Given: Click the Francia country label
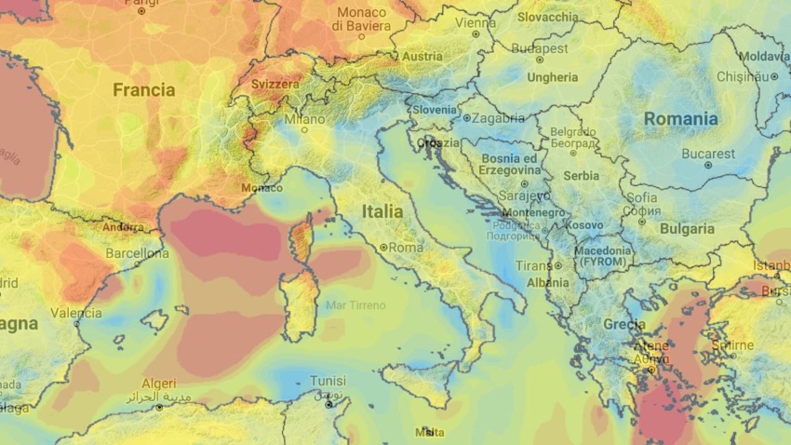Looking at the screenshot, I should tap(143, 90).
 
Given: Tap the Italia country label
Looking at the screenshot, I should tap(382, 211).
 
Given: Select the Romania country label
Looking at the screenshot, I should tap(680, 119).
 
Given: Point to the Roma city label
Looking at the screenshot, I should tap(405, 248).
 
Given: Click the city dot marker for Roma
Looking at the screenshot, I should tap(382, 248).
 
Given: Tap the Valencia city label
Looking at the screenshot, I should tap(76, 313).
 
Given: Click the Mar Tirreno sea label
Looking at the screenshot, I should tap(355, 304).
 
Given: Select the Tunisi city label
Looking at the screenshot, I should tap(328, 381).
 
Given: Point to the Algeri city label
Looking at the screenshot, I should tap(159, 383).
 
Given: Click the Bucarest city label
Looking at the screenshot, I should tap(708, 154).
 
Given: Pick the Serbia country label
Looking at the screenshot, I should tap(582, 175).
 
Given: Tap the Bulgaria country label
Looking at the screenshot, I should tap(687, 228).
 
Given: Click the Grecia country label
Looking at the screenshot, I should tap(623, 325).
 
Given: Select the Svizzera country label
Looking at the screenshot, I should tap(276, 84).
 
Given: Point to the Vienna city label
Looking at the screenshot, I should tap(476, 22).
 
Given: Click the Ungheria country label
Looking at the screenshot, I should tap(552, 77).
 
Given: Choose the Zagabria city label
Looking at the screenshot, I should tap(498, 118).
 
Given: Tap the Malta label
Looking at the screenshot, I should tap(429, 432).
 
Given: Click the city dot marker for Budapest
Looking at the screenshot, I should tap(540, 60).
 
